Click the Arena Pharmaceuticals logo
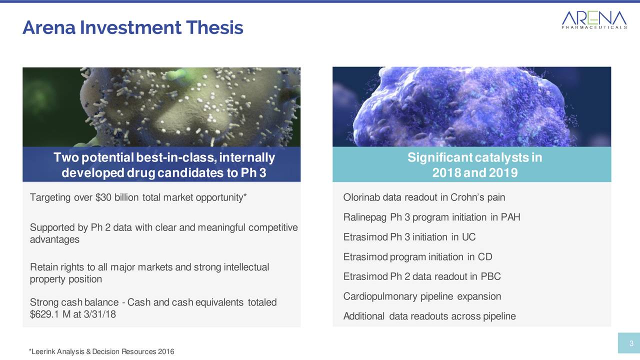pos(594,19)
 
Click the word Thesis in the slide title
pos(214,27)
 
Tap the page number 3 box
pos(629,343)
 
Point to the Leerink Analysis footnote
pos(101,351)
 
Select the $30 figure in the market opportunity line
pos(103,197)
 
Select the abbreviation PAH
pos(510,217)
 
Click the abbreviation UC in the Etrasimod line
pos(468,237)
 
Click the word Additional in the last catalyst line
pos(363,316)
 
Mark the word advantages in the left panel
pos(54,239)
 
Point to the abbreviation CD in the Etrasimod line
pos(485,256)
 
